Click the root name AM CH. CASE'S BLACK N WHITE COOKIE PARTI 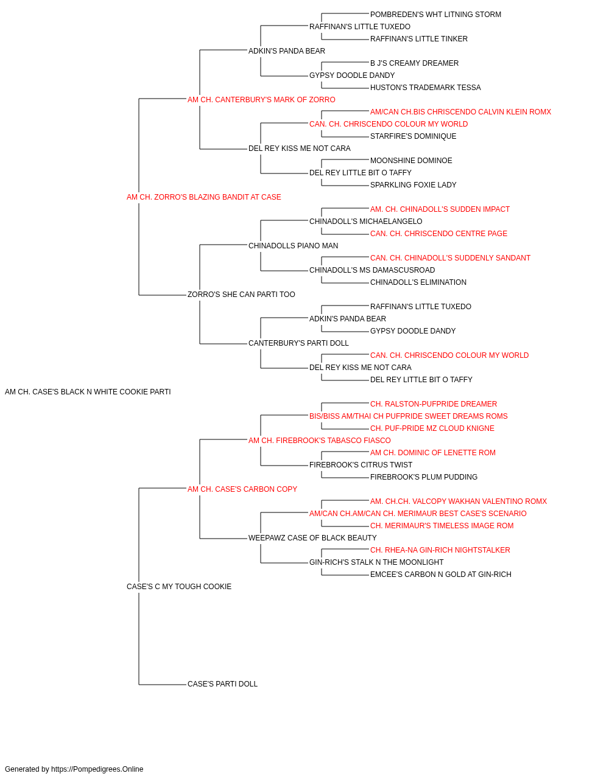tap(88, 392)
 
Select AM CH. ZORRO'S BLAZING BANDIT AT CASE tap(204, 197)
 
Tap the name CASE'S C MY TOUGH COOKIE tap(179, 587)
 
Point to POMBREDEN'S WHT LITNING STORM tap(435, 15)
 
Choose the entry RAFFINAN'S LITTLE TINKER tap(418, 39)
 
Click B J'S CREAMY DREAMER tap(414, 63)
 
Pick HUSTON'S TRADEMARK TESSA tap(425, 88)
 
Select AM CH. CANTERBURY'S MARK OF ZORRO tap(261, 100)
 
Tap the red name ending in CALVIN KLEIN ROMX tap(460, 112)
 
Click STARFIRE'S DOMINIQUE tap(413, 136)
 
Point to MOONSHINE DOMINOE tap(411, 161)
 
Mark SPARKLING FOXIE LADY tap(413, 186)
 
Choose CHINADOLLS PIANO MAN tap(293, 246)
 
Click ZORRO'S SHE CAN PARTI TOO tap(241, 295)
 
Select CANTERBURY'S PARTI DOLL tap(298, 343)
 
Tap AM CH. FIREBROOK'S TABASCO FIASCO tap(320, 441)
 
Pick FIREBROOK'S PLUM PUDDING tap(424, 477)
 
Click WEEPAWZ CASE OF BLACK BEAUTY tap(312, 538)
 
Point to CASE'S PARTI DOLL tap(222, 684)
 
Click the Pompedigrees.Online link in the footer tap(97, 769)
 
